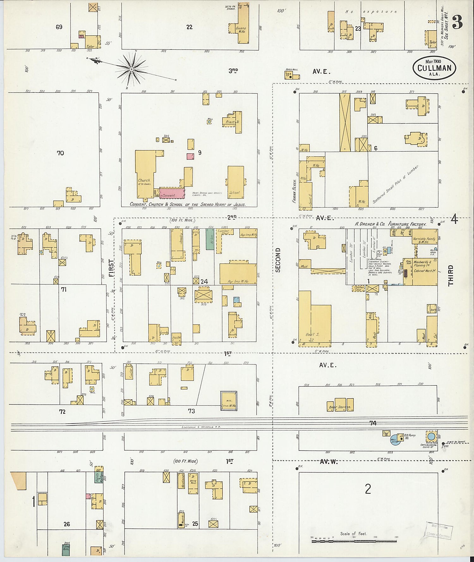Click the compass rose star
131,68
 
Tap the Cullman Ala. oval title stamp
434,68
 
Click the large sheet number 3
457,22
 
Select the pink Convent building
172,193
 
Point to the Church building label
144,180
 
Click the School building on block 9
236,182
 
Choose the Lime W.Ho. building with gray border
228,401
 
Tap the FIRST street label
111,268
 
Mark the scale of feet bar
354,541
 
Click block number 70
60,153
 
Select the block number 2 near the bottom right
368,489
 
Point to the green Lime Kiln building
66,549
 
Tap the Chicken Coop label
358,288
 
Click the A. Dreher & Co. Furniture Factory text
391,224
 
